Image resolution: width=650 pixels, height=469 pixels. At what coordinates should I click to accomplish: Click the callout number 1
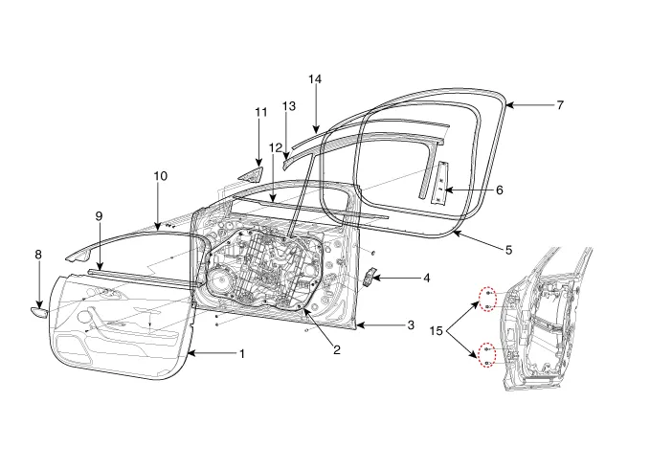point(242,353)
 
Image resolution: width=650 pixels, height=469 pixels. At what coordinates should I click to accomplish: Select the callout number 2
point(337,350)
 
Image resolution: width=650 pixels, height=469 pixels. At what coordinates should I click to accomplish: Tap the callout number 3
point(410,325)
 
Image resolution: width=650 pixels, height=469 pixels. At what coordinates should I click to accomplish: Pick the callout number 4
point(426,279)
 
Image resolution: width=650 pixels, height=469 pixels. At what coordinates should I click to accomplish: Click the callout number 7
point(560,104)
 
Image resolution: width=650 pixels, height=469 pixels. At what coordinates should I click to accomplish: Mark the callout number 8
point(38,255)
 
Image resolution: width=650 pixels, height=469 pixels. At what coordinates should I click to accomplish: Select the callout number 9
point(99,216)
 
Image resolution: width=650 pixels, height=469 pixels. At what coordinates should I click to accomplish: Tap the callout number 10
point(160,176)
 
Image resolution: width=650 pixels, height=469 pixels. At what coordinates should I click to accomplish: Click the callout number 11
point(260,113)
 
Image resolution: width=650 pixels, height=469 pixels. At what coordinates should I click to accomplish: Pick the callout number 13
point(290,104)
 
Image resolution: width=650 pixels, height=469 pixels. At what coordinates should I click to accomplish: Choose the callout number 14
point(315,78)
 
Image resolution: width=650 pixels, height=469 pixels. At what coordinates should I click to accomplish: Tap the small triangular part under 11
point(253,175)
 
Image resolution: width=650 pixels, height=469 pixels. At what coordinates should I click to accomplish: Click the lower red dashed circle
point(487,355)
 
